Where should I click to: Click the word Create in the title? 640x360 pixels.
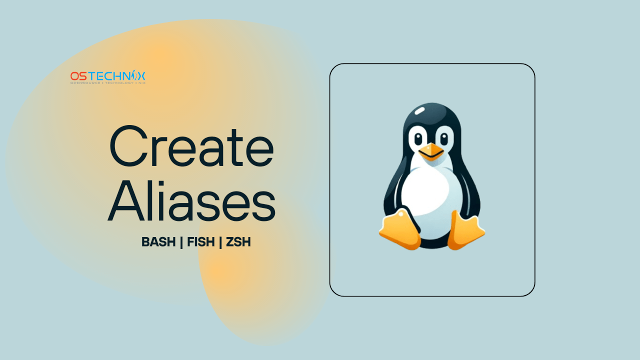(x=191, y=147)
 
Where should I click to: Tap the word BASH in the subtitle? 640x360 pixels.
(x=158, y=242)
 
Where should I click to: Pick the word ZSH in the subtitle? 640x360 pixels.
(x=238, y=242)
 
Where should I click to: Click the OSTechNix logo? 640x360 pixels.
(x=108, y=77)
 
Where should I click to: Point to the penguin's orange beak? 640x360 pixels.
(x=431, y=151)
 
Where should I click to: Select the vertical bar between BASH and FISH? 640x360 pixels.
(x=181, y=242)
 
